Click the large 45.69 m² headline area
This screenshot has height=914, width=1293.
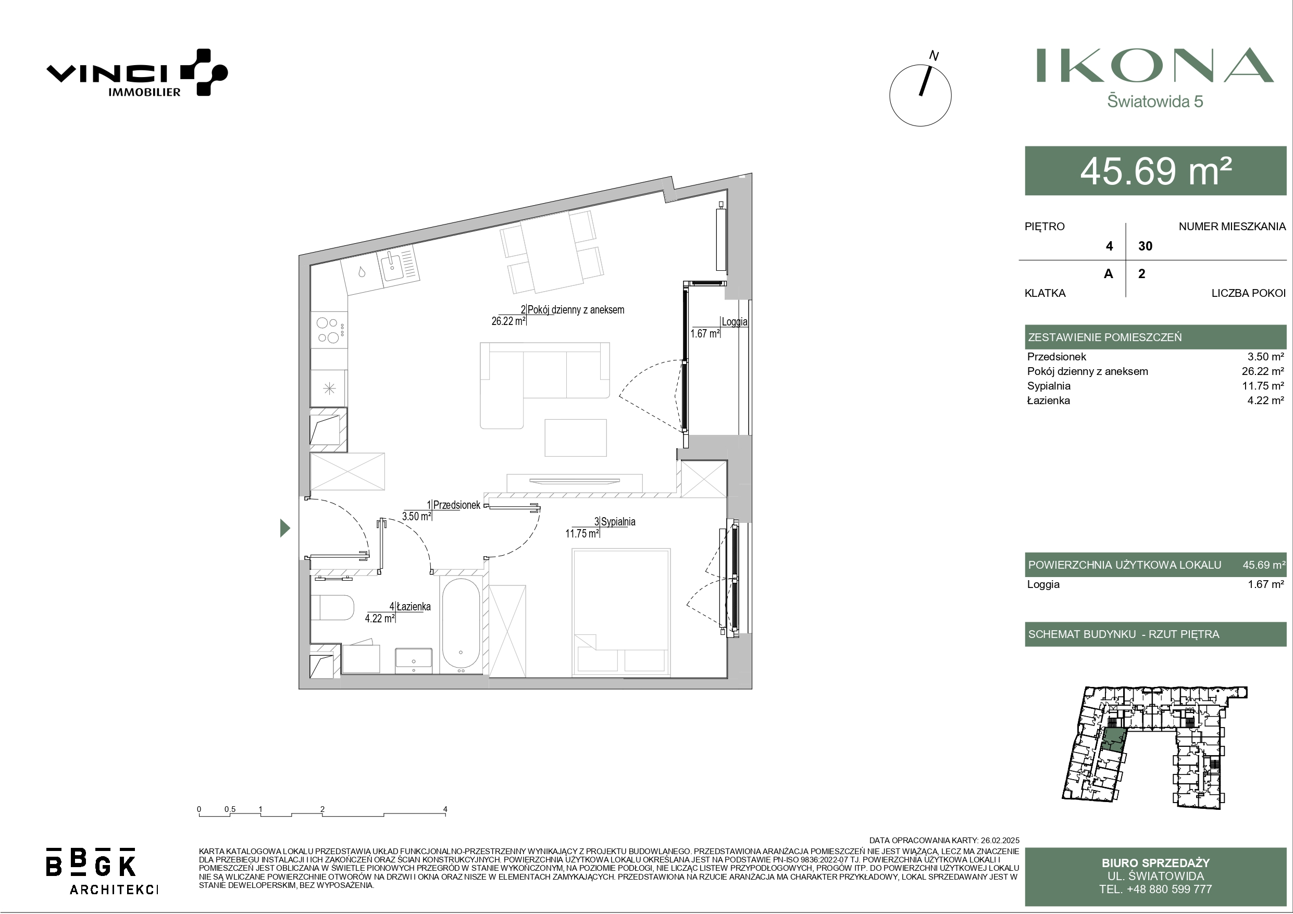click(x=1155, y=171)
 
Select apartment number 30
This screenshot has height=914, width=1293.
click(x=1146, y=246)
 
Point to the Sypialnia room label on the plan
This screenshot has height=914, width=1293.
click(x=618, y=521)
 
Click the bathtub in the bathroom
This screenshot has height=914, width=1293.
click(x=461, y=625)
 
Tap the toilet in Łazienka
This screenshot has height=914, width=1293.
click(x=332, y=608)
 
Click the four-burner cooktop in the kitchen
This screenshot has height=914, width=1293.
click(x=329, y=330)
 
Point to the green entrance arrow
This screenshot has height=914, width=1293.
click(x=285, y=528)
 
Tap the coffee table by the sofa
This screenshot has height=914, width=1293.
click(x=575, y=437)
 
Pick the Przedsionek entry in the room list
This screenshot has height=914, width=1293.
click(x=1056, y=356)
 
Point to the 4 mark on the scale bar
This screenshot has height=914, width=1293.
click(x=445, y=809)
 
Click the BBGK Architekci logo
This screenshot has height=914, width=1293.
click(x=102, y=870)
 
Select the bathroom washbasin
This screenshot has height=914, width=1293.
click(x=413, y=660)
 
